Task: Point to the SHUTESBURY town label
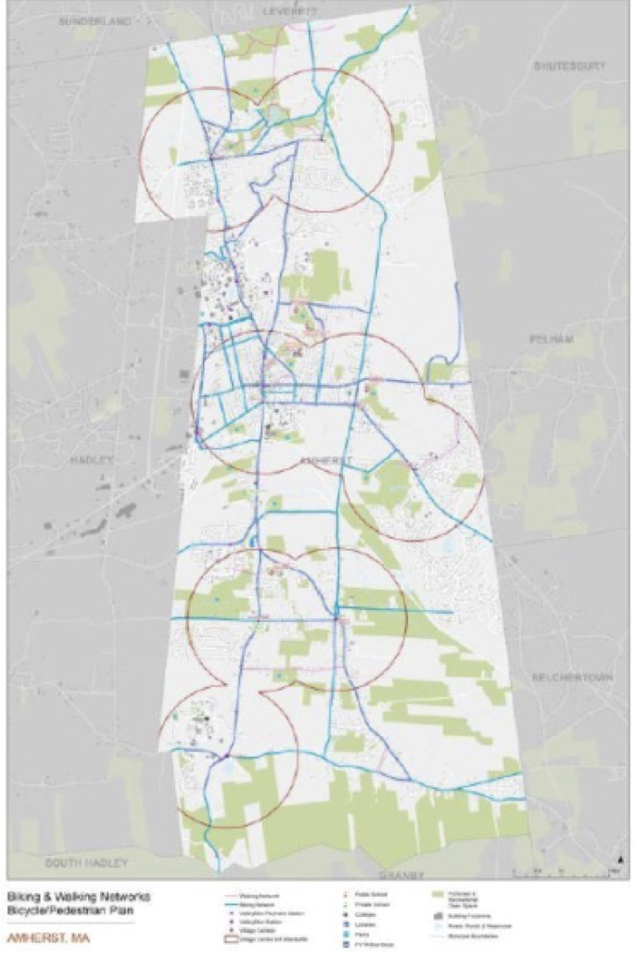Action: pos(569,66)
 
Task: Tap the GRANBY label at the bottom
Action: pos(402,874)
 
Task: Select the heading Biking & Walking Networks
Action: pos(78,898)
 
